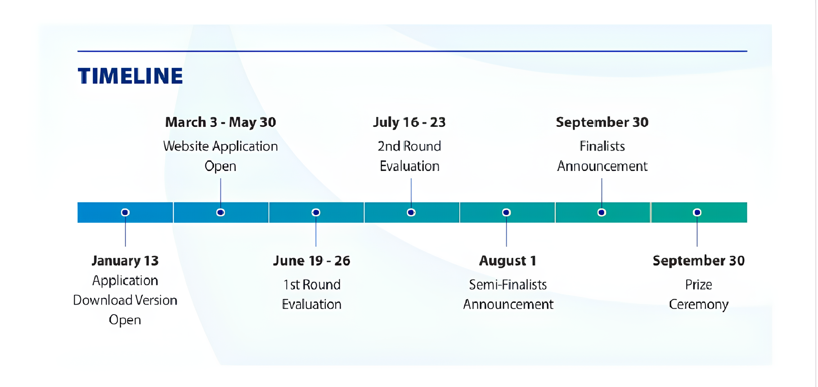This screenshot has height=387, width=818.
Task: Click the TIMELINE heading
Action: [130, 76]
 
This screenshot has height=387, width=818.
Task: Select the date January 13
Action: [125, 261]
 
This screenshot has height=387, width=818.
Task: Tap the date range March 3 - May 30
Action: [220, 122]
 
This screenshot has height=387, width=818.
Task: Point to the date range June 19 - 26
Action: [311, 261]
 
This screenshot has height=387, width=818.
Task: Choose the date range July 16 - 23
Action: [409, 122]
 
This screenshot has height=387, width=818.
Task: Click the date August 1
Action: [508, 261]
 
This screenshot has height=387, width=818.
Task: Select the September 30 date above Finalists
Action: [602, 122]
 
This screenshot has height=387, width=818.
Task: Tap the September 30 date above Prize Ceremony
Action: [699, 261]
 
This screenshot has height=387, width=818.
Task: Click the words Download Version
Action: [125, 300]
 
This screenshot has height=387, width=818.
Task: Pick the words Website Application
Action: [220, 146]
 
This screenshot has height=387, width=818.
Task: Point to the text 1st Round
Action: [311, 284]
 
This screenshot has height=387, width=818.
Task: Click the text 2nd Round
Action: [409, 146]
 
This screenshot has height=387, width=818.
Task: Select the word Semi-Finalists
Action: [508, 284]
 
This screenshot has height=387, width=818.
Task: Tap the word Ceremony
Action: [699, 305]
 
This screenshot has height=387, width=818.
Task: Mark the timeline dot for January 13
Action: [126, 212]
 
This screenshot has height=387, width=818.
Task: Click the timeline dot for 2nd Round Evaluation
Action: [411, 212]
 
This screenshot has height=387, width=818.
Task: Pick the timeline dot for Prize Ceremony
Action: [697, 212]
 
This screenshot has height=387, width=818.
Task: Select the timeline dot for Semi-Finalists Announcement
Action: [507, 212]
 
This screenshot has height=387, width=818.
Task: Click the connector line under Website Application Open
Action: [220, 193]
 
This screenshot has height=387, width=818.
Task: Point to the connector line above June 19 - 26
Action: [316, 231]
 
